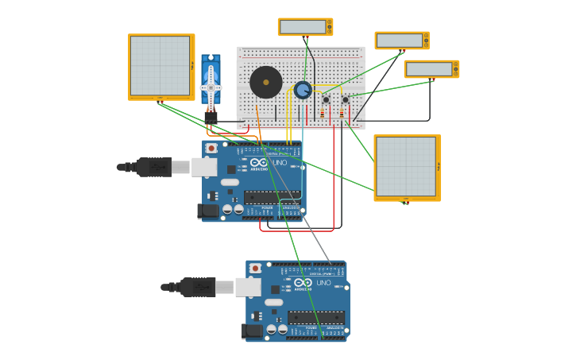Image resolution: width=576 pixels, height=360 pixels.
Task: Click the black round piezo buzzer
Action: pos(265,82)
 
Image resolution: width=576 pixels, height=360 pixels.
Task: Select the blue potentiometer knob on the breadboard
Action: pos(303,90)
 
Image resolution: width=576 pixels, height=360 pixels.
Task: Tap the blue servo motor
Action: pos(211,83)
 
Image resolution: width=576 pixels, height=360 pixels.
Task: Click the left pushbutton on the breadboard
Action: pos(326,100)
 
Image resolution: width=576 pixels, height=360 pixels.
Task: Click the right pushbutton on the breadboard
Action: pos(345,100)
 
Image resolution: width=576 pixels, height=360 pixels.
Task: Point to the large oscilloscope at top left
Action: pos(160,67)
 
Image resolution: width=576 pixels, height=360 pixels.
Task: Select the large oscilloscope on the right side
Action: pos(406,167)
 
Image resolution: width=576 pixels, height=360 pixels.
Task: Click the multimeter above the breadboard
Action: pos(304,27)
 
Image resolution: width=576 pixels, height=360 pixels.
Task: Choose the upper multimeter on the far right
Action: pos(401,41)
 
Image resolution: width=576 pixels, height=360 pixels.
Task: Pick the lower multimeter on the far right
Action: pos(431,69)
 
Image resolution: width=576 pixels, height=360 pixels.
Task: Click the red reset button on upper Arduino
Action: pos(211,148)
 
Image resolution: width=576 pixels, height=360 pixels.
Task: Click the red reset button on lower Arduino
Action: pos(255,269)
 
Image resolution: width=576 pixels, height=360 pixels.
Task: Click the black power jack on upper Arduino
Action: pos(208,211)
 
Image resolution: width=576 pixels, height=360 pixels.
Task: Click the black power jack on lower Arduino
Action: pos(252,331)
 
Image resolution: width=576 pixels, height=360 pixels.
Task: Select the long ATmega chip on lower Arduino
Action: pos(315,317)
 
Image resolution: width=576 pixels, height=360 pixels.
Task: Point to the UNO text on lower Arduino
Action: pos(323,283)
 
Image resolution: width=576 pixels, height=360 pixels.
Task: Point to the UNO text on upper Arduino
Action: pos(280,163)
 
